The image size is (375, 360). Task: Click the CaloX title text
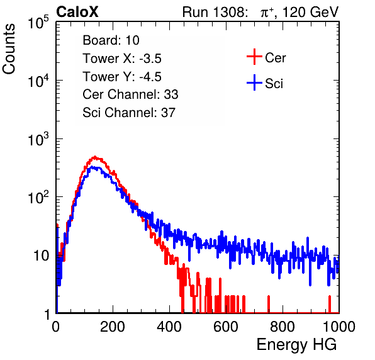coord(77,12)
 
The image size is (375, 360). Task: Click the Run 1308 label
coord(214,12)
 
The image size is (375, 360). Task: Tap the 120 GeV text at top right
coord(310,12)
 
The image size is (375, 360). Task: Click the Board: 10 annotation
coord(111,40)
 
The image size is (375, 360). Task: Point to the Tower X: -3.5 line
coord(122,59)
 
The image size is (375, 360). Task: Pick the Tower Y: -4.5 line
coord(122,77)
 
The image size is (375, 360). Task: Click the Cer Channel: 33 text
coord(130,94)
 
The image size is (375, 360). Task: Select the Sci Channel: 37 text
coord(129,113)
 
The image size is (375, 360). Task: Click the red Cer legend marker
coord(254,57)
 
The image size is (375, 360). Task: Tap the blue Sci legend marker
coord(254,82)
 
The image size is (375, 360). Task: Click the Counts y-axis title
coord(9,49)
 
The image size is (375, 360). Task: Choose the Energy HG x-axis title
coord(296,345)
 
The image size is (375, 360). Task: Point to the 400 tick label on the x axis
coord(169,327)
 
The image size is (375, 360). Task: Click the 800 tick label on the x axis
coord(283,327)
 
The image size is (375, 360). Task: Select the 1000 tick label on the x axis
coord(339,327)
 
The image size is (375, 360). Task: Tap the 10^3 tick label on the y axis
coord(38,139)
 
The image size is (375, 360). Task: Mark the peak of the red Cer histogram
coord(95,157)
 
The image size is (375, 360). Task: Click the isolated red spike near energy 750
coord(269,304)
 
